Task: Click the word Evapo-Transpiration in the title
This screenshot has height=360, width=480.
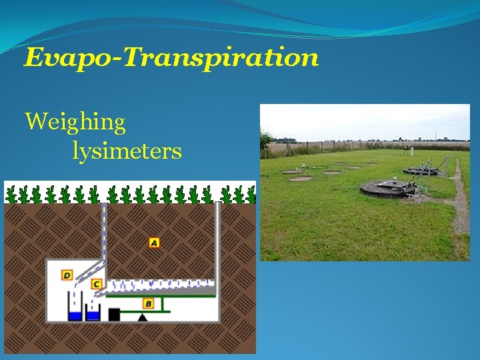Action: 171,58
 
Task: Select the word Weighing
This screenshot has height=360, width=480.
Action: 75,122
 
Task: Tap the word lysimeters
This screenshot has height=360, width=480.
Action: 127,151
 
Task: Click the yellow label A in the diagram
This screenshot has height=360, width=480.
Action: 154,243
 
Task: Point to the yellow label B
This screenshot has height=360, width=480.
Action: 148,304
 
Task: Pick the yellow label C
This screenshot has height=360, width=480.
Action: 97,285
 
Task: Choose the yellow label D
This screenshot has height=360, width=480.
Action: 67,275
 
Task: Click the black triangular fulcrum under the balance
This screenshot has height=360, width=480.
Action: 142,317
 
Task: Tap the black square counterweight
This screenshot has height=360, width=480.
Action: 114,314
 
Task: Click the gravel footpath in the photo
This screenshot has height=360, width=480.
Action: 460,200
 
